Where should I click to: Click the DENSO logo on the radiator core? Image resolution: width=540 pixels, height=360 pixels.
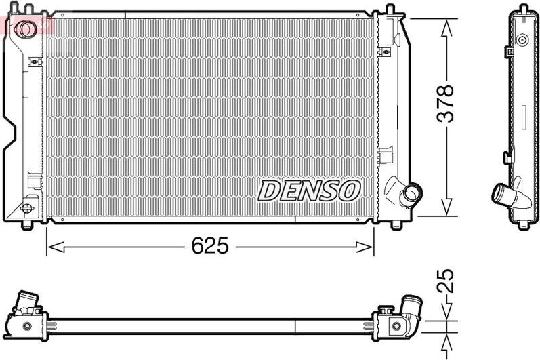click(x=308, y=191)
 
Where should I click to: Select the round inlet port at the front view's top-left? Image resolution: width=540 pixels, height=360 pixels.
click(x=27, y=29)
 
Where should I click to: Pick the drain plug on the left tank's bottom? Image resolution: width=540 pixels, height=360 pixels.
click(x=28, y=208)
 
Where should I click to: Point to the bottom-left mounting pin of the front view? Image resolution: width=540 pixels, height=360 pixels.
click(x=27, y=223)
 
